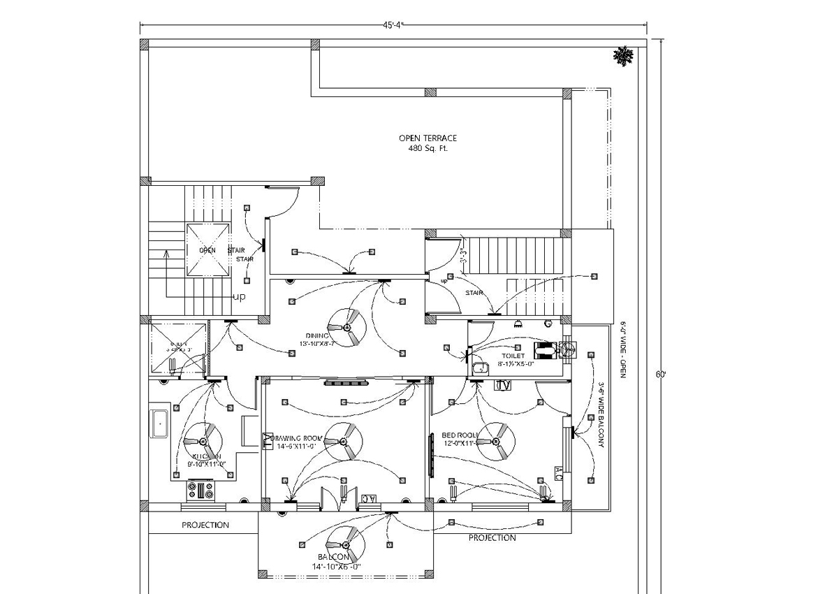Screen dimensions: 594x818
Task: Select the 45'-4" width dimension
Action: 393,25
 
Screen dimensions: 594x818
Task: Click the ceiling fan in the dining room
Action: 347,327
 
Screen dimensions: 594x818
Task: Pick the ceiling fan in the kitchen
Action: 203,442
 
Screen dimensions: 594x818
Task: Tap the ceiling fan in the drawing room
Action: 344,442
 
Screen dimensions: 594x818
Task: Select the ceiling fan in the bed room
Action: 497,441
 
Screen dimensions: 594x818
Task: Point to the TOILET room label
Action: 518,347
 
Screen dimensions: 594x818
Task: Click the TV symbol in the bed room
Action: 503,385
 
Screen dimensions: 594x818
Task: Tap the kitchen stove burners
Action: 200,491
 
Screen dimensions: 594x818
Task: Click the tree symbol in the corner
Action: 622,56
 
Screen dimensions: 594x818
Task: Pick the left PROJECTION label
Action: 205,525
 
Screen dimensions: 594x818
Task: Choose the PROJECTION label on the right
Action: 492,537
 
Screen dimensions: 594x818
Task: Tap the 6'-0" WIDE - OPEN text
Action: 623,349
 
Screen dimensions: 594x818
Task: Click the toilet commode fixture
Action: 545,349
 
